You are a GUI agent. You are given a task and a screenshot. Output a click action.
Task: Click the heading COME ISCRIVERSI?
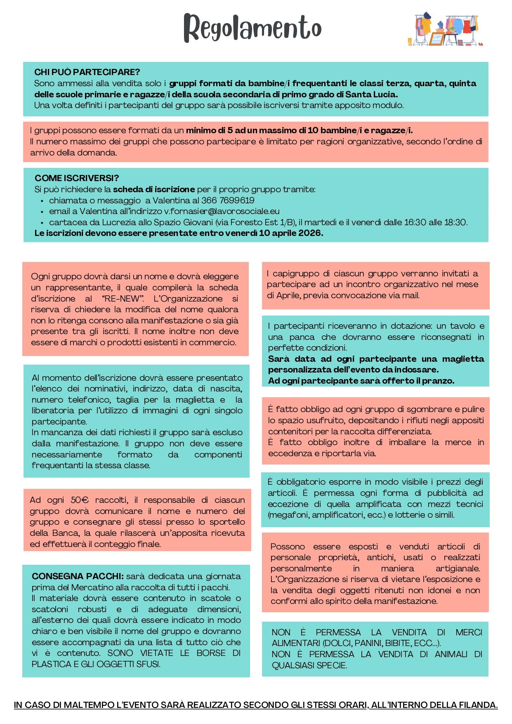click(77, 178)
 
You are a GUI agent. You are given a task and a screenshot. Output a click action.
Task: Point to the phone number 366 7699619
click(228, 200)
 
